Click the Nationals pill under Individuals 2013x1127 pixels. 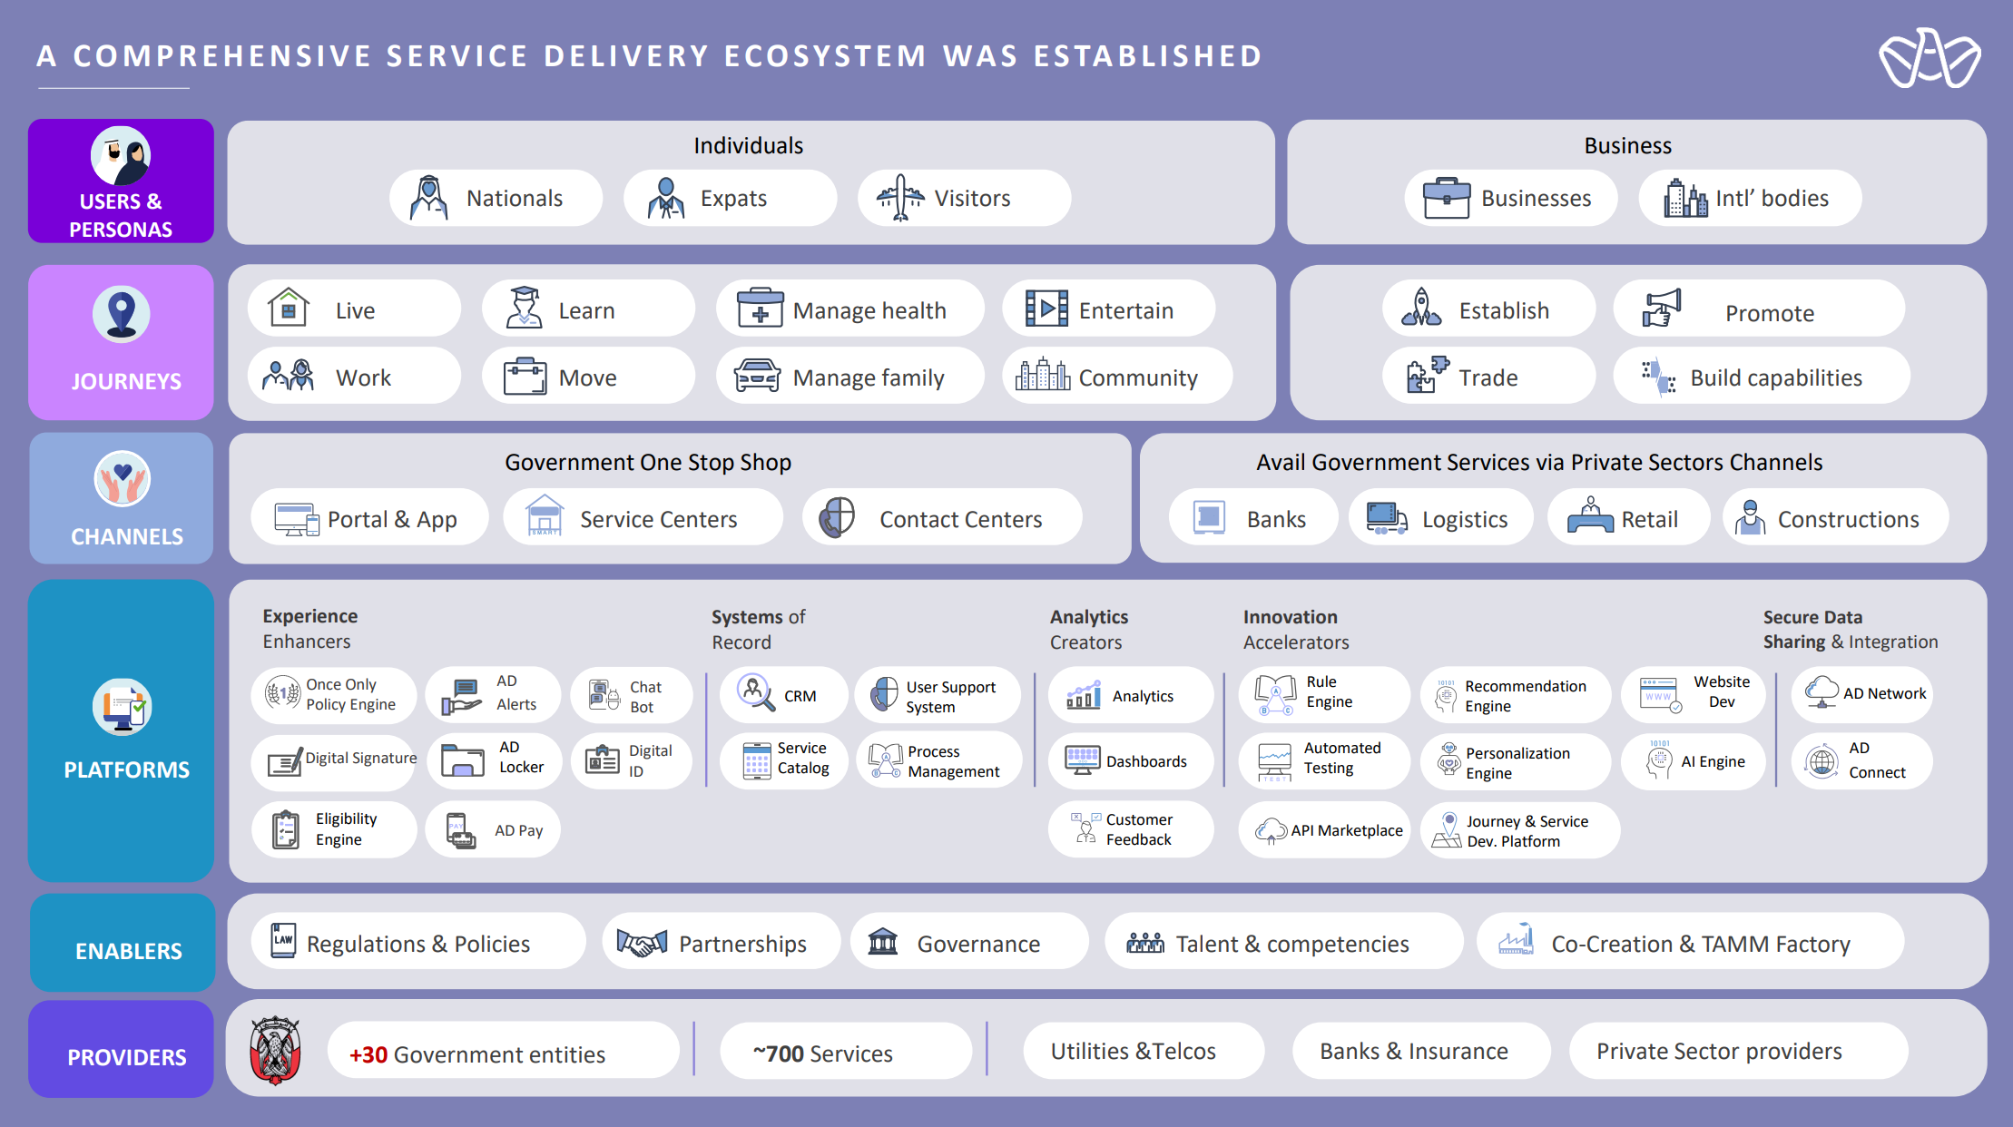(496, 198)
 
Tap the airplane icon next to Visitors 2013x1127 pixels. (899, 197)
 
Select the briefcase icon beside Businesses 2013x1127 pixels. (1446, 198)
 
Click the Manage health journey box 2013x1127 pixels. (849, 309)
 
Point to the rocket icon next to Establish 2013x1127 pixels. (1421, 309)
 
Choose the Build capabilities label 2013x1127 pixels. (1775, 377)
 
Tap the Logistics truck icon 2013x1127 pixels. (1386, 518)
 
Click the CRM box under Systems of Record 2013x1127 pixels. (784, 696)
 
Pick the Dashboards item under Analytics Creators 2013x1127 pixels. (1130, 761)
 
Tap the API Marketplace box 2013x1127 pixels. (1324, 830)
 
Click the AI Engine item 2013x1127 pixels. (1694, 761)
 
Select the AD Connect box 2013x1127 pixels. (1861, 760)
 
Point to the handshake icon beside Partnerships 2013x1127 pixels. (642, 944)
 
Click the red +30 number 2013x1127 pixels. (368, 1054)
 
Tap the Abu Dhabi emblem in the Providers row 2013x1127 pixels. (275, 1051)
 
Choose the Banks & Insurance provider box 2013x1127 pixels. (1413, 1051)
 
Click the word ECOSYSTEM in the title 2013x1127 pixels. (825, 56)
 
